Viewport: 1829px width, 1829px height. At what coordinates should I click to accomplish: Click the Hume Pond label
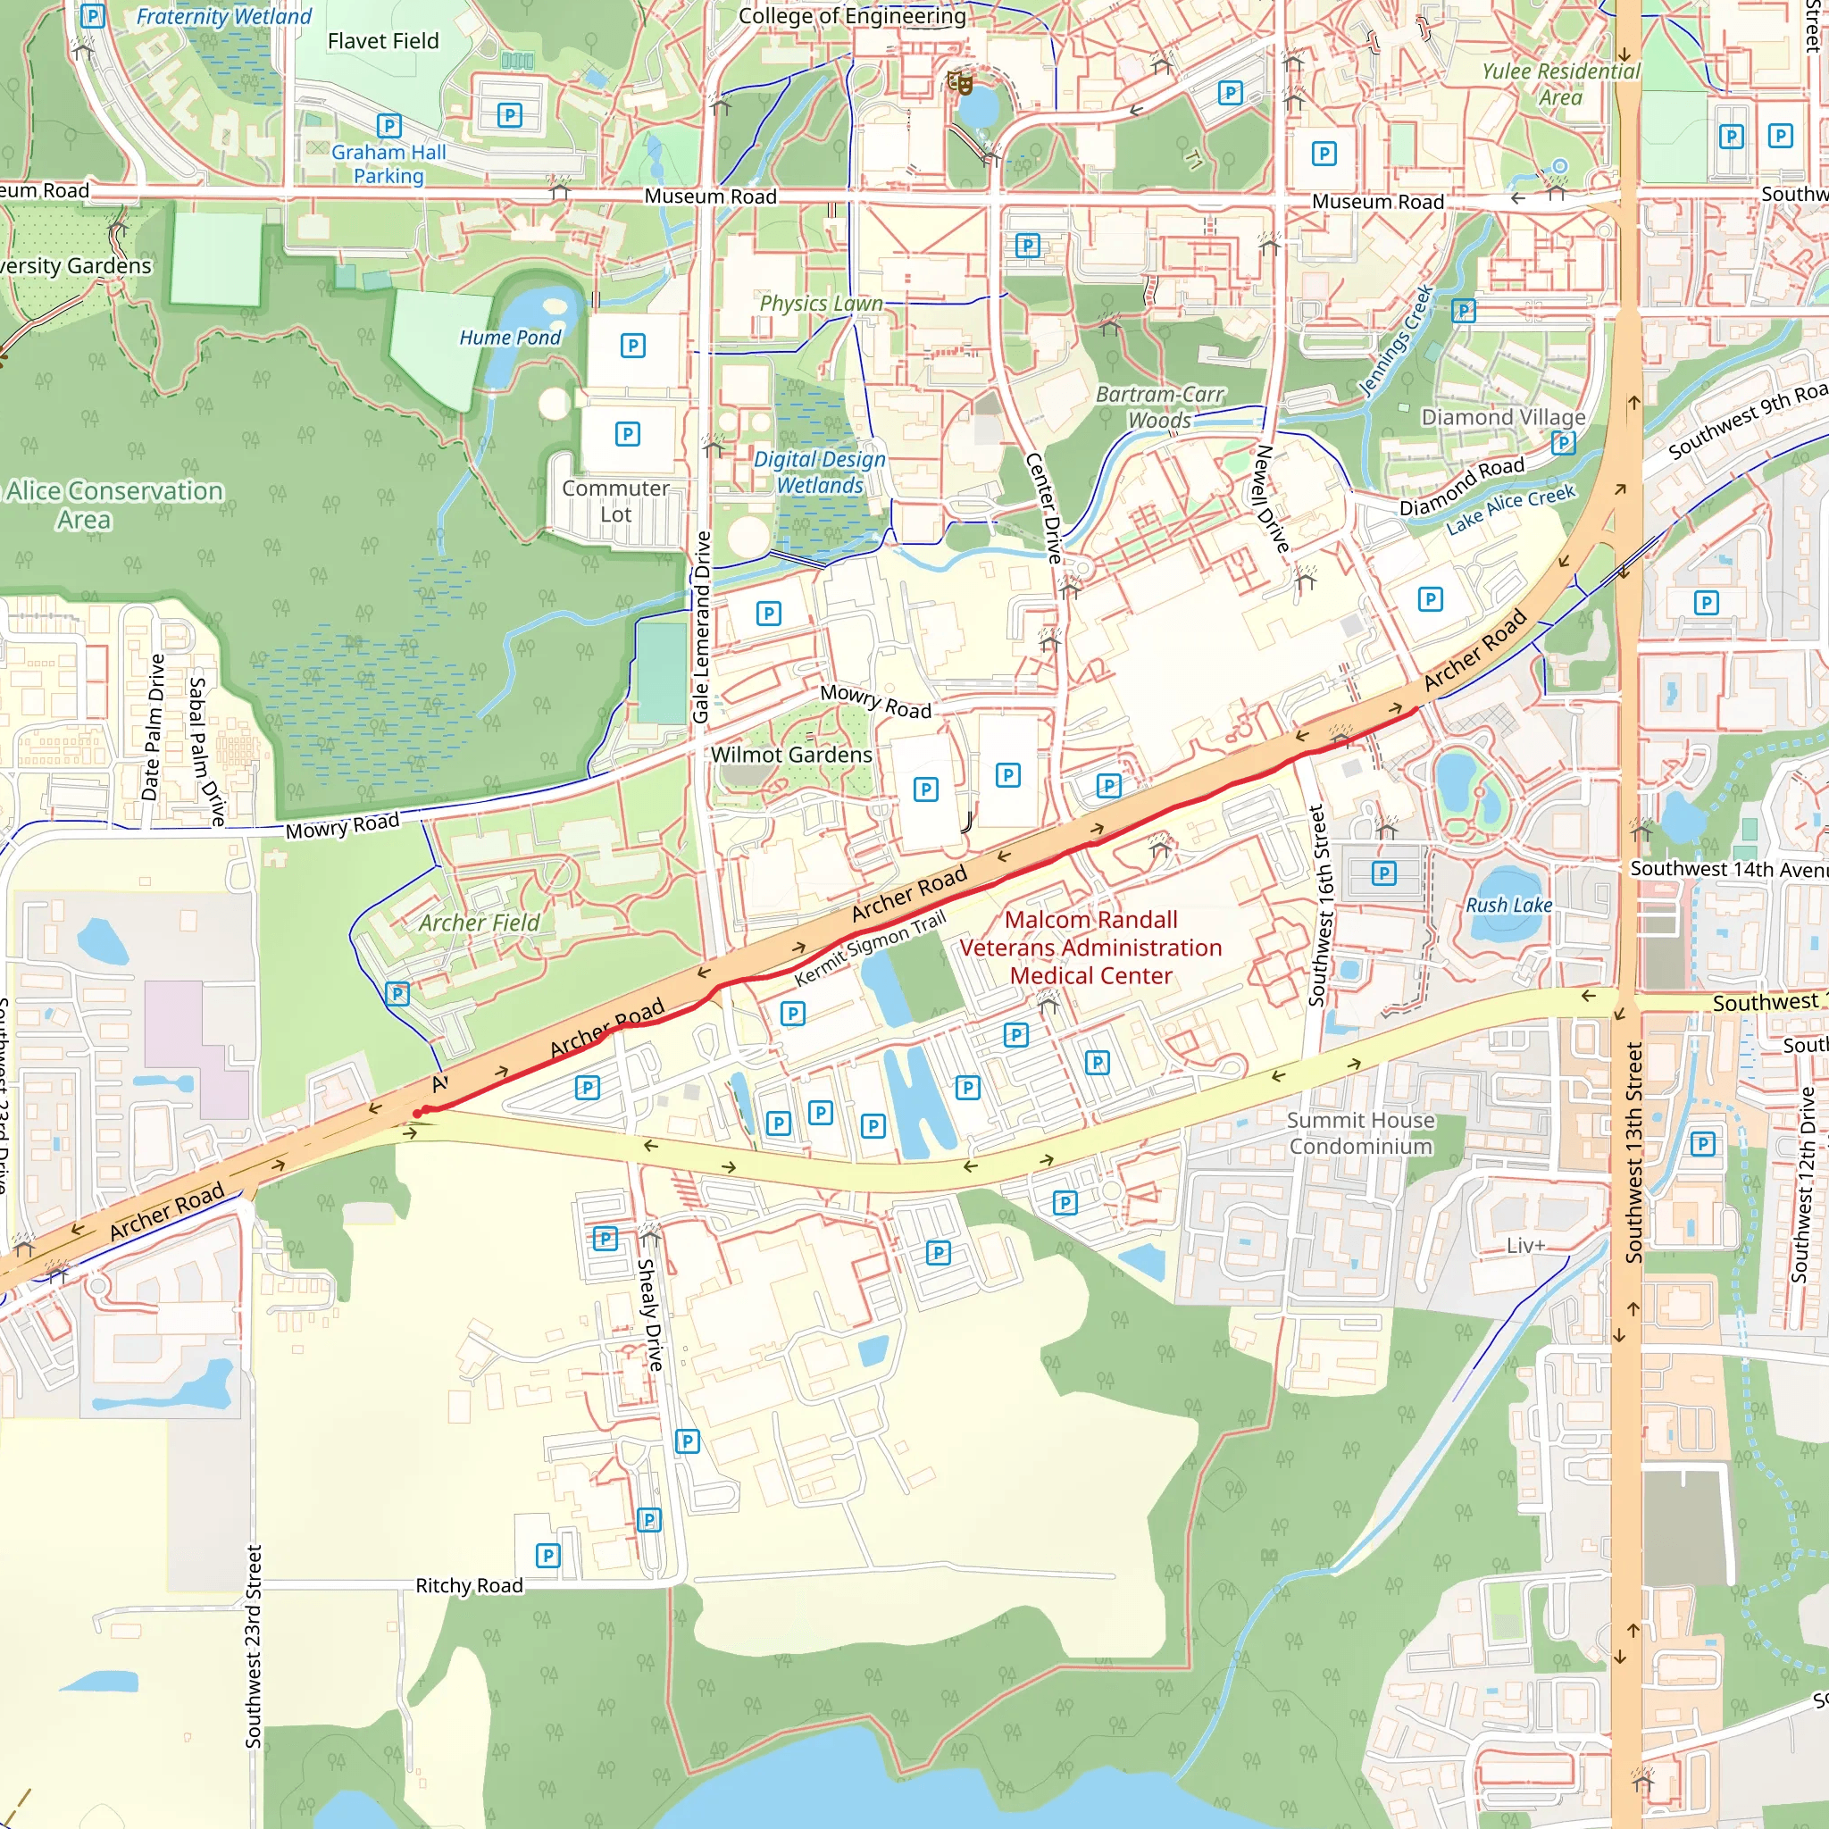509,338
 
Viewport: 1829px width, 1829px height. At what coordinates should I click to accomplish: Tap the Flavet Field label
382,42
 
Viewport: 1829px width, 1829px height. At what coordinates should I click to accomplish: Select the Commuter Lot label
615,502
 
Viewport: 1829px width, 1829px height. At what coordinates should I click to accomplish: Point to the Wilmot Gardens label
791,756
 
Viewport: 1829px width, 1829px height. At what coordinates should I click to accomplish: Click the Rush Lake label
1508,906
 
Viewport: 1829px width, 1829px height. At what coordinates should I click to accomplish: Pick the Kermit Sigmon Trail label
869,949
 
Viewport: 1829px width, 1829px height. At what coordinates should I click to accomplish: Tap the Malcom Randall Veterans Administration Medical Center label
1090,948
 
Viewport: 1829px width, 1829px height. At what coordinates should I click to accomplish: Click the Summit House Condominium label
1360,1133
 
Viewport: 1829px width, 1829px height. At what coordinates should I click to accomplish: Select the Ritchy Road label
469,1586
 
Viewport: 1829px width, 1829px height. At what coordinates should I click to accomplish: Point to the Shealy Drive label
649,1314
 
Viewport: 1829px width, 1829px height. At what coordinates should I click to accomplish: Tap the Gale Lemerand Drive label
701,628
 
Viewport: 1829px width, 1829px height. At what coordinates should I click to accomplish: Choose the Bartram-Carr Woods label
1160,407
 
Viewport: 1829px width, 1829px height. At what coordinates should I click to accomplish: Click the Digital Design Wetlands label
820,472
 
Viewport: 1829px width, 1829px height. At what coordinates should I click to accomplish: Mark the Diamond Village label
1502,417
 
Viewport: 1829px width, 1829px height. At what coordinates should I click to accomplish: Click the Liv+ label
1525,1246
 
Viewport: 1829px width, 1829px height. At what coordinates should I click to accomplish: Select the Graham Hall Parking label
388,163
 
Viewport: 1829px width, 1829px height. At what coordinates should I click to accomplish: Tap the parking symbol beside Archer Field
397,994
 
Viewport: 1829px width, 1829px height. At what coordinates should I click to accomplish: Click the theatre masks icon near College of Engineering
960,83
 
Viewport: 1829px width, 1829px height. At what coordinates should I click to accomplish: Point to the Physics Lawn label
821,304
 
